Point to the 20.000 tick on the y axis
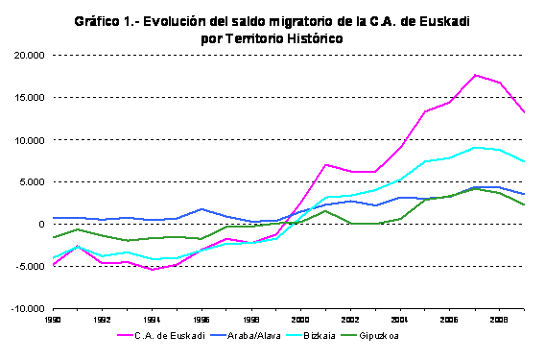click(x=28, y=56)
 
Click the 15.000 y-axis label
click(x=28, y=98)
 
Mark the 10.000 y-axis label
click(x=28, y=140)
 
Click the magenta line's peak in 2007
click(x=475, y=75)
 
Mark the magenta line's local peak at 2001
click(x=326, y=165)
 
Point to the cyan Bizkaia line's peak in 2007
click(x=475, y=148)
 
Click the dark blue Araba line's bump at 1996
click(x=202, y=208)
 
